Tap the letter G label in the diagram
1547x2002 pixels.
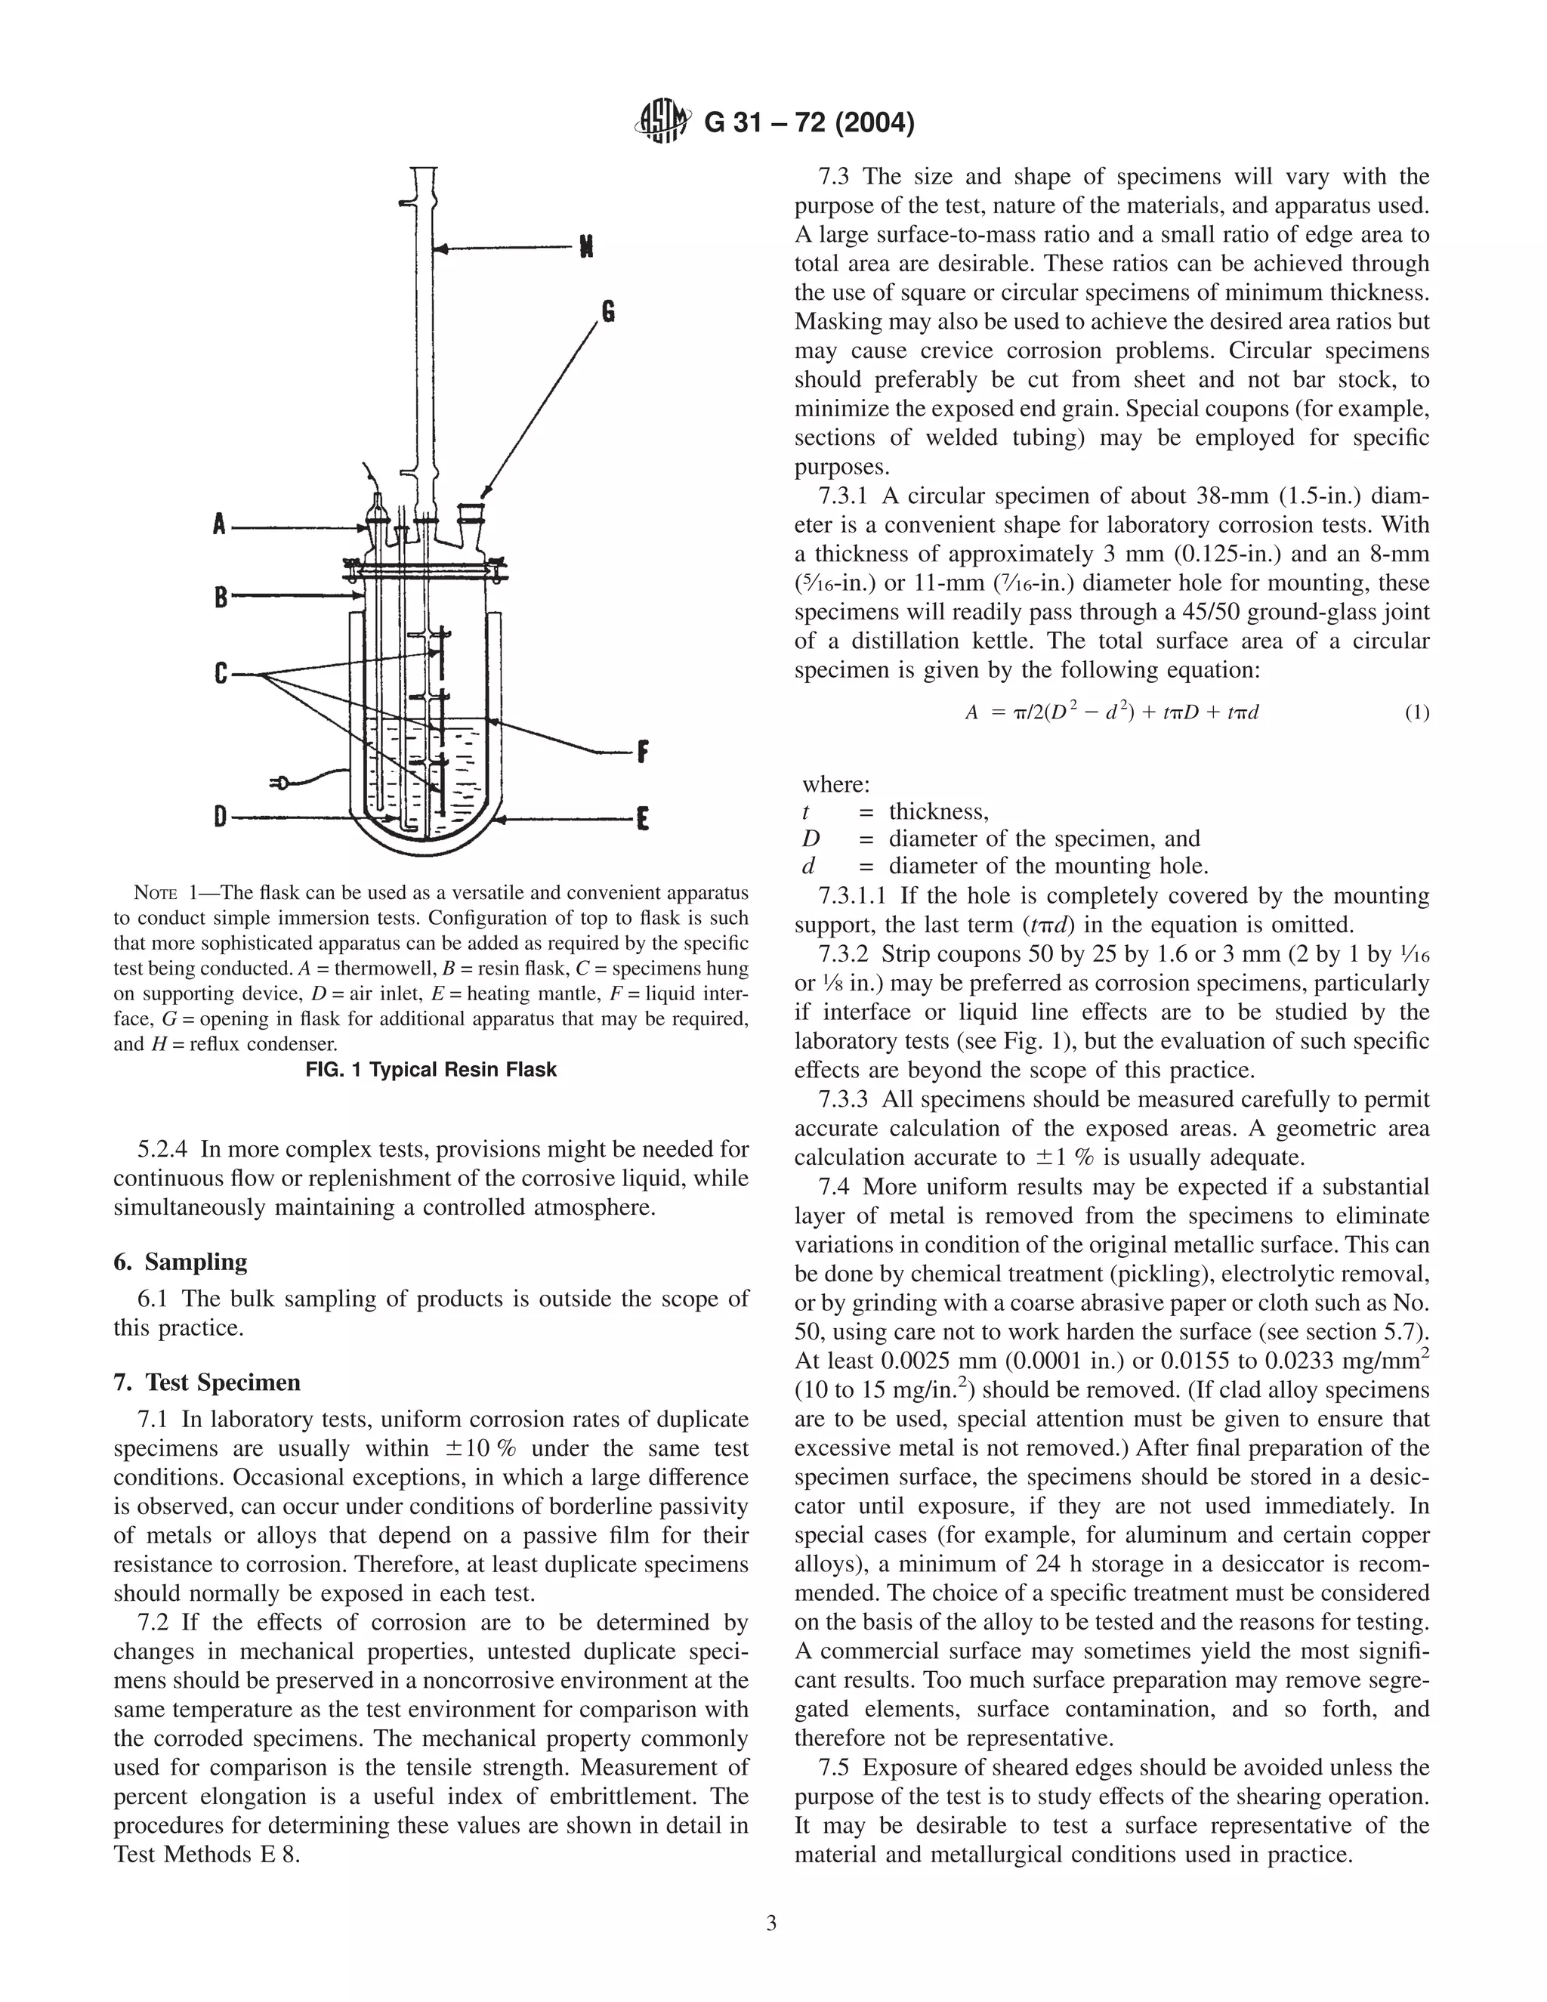607,313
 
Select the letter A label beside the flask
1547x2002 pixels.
219,526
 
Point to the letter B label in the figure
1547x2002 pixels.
220,598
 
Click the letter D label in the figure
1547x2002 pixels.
220,815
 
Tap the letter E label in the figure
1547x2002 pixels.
643,817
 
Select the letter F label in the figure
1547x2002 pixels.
643,752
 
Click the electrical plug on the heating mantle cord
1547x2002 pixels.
279,782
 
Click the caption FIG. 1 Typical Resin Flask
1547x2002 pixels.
431,1070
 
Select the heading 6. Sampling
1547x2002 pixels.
181,1262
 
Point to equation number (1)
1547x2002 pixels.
1416,712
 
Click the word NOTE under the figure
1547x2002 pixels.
155,894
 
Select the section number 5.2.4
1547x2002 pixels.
163,1148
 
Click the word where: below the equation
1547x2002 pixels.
836,785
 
